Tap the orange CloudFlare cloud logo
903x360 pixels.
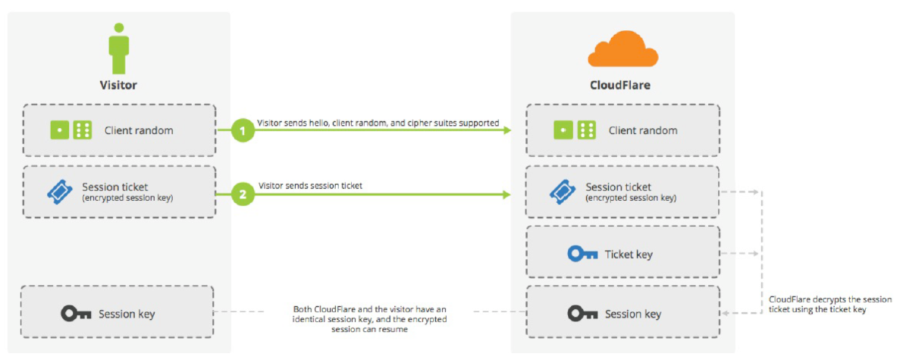(x=622, y=49)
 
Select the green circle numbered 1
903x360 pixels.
(x=243, y=130)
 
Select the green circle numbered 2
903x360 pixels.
(x=243, y=194)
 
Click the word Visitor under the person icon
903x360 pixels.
(x=118, y=85)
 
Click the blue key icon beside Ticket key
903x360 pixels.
(x=582, y=254)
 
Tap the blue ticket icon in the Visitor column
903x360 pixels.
(x=60, y=192)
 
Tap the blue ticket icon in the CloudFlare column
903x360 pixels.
(x=563, y=192)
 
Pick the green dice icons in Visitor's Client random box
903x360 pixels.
(x=71, y=130)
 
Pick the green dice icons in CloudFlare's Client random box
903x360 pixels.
(x=575, y=130)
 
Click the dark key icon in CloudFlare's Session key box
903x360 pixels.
(x=582, y=314)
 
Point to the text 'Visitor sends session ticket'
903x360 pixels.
(x=310, y=185)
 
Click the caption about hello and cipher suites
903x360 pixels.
(x=378, y=122)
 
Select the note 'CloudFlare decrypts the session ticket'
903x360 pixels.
(x=830, y=304)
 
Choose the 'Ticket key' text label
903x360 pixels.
(x=629, y=255)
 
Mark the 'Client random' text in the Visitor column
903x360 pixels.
(x=139, y=130)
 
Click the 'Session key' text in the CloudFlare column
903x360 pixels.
(x=632, y=314)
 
